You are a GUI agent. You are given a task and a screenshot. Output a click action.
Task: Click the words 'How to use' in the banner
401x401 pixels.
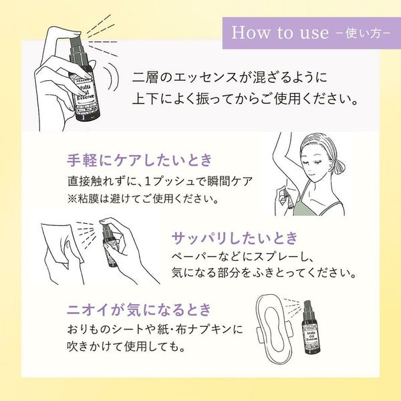coord(280,33)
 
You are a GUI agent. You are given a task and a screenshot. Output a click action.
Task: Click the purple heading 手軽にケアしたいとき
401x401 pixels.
coord(140,160)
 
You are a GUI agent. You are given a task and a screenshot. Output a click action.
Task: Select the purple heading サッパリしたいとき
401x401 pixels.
coord(235,238)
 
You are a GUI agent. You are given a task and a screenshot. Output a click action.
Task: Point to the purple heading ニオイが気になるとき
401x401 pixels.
coord(139,309)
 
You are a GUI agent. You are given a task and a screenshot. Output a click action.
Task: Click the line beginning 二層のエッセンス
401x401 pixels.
coord(230,78)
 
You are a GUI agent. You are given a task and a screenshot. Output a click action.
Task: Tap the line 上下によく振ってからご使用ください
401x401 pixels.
coord(245,99)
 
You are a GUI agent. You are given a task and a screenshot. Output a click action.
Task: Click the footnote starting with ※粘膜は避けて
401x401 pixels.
coord(143,198)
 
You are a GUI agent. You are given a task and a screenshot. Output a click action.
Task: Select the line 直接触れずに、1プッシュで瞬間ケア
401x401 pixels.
coord(160,182)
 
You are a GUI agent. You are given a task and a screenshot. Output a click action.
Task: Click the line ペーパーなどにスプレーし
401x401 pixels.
coord(243,257)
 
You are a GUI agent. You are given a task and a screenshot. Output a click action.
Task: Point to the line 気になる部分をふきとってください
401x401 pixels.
coord(264,273)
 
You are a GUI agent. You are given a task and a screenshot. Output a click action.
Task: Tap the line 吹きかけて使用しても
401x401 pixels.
coord(126,346)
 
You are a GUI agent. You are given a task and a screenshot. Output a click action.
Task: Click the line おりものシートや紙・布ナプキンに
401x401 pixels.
coord(155,329)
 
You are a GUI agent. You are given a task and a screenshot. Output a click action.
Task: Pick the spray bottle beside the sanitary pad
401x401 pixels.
coord(309,328)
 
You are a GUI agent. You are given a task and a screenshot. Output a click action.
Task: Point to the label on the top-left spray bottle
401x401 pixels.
coord(86,95)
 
